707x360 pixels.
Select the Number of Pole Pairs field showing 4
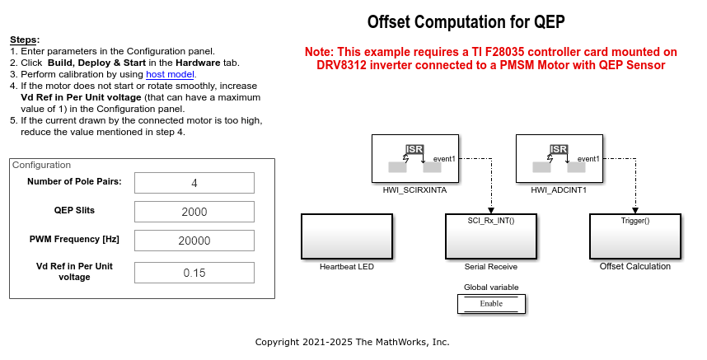pyautogui.click(x=194, y=183)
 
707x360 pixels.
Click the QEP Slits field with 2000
pyautogui.click(x=194, y=212)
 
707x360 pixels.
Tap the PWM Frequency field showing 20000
pyautogui.click(x=194, y=241)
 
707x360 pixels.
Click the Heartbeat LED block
pyautogui.click(x=346, y=236)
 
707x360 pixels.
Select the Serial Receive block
pyautogui.click(x=490, y=236)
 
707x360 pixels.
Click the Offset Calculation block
pyautogui.click(x=634, y=236)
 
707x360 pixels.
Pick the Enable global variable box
pyautogui.click(x=491, y=303)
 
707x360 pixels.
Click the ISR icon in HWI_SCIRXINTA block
pyautogui.click(x=414, y=149)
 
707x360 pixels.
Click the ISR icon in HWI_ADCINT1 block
pyautogui.click(x=558, y=149)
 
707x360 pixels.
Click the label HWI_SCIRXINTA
pyautogui.click(x=414, y=190)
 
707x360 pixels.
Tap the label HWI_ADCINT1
pyautogui.click(x=559, y=190)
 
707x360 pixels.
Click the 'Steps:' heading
pyautogui.click(x=25, y=40)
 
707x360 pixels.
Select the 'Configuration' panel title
pyautogui.click(x=41, y=165)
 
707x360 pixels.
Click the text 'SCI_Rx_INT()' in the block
pyautogui.click(x=491, y=221)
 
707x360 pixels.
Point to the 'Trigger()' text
pyautogui.click(x=634, y=221)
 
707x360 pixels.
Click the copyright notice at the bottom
pyautogui.click(x=352, y=342)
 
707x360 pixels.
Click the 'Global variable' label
pyautogui.click(x=491, y=287)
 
